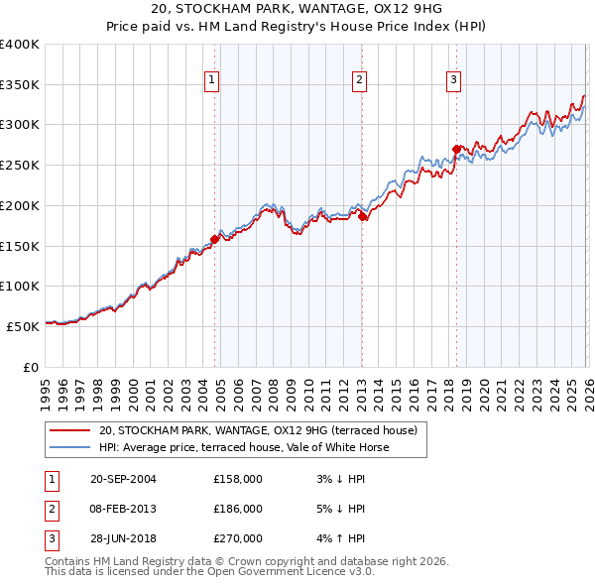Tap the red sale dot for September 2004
click(x=215, y=239)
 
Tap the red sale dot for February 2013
click(x=363, y=216)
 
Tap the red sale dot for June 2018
click(x=456, y=149)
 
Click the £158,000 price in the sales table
click(x=237, y=479)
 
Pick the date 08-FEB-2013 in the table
click(x=124, y=509)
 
